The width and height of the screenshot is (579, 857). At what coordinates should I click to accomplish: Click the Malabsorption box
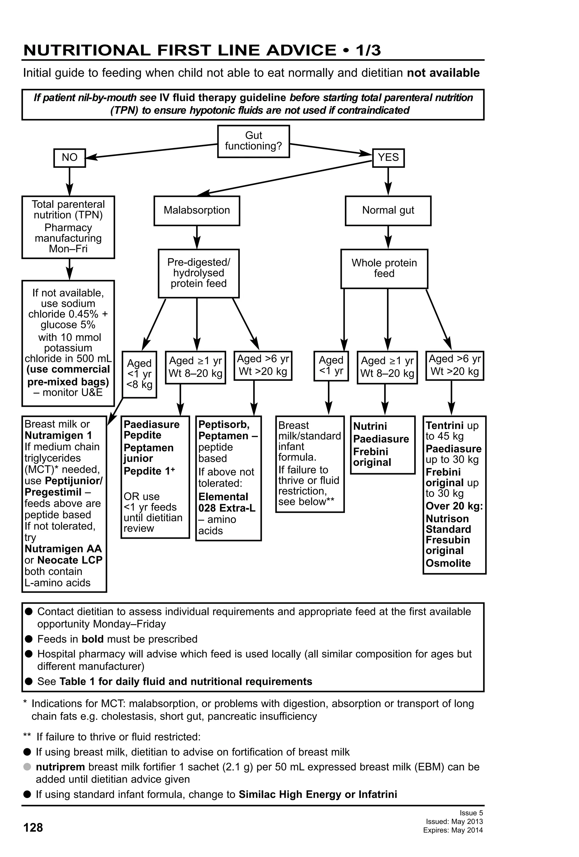pyautogui.click(x=197, y=210)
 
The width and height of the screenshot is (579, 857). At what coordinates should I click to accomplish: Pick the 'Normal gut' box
pyautogui.click(x=388, y=210)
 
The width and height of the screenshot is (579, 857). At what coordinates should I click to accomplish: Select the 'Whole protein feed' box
pyautogui.click(x=384, y=268)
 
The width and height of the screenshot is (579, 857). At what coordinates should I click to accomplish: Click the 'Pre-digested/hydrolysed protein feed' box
pyautogui.click(x=198, y=273)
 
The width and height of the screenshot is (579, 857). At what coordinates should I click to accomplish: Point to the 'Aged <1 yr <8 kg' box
pyautogui.click(x=139, y=374)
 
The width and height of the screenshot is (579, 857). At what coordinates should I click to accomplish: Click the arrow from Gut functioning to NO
pyautogui.click(x=151, y=151)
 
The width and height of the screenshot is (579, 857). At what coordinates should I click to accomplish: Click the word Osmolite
pyautogui.click(x=448, y=563)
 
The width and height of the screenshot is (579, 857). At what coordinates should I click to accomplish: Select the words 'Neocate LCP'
pyautogui.click(x=70, y=560)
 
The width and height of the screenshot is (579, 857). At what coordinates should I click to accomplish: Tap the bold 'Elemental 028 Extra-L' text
pyautogui.click(x=226, y=502)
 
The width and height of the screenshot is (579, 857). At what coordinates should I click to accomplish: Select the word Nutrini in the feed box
pyautogui.click(x=370, y=426)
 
